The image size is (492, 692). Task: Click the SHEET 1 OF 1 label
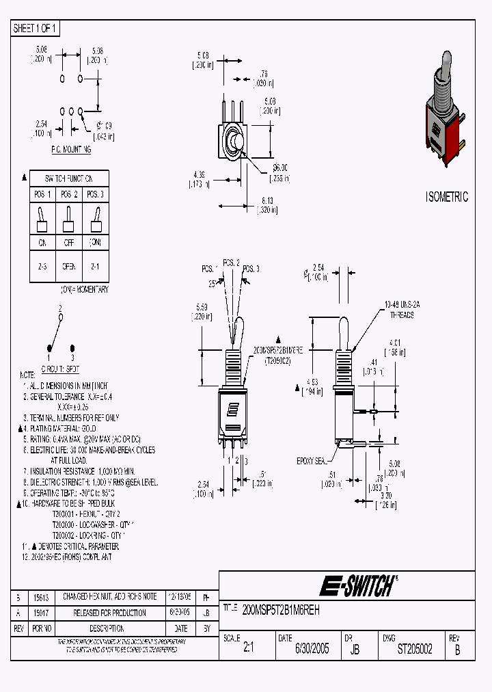coord(36,28)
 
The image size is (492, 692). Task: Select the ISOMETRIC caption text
coord(447,197)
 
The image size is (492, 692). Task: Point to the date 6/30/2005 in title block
coord(312,649)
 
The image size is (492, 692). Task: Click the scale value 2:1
coord(247,649)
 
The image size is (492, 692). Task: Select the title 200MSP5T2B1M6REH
coord(281,609)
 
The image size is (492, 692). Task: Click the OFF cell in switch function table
coord(68,242)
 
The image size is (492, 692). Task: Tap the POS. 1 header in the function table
coord(42,195)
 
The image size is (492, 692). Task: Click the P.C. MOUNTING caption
coord(71,148)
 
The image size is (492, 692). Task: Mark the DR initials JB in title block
coord(355,650)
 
